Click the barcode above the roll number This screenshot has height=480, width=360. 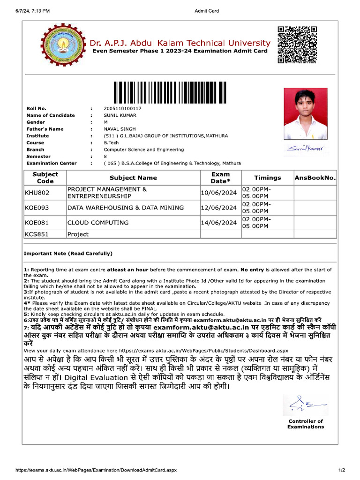(168, 92)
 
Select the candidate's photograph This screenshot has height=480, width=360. (306, 114)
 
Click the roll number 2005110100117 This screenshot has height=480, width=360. (122, 108)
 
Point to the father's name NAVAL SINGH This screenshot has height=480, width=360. (120, 129)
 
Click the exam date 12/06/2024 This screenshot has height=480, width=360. (218, 208)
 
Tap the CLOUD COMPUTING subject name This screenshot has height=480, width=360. (98, 223)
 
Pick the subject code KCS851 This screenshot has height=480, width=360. (37, 234)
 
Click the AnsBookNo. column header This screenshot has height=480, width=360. (315, 178)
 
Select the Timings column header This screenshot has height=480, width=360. (267, 178)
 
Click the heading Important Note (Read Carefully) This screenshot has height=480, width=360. (68, 254)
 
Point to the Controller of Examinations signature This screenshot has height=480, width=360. (305, 403)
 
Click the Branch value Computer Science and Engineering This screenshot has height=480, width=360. (143, 150)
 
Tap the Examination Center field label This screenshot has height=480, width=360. (52, 163)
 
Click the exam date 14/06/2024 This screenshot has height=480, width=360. (218, 223)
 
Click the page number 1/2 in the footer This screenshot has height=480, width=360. (342, 470)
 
